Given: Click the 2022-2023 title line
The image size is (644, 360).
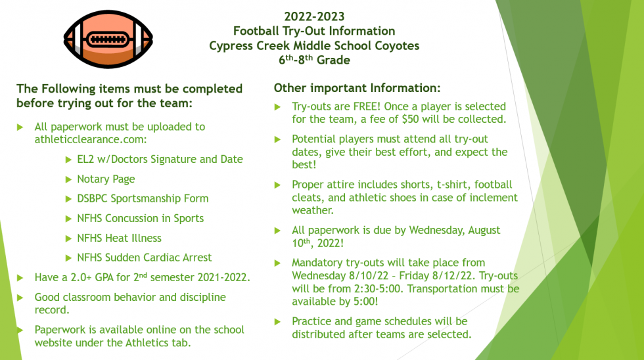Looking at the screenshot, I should (x=314, y=16).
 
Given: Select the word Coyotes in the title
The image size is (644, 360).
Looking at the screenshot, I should (x=395, y=46).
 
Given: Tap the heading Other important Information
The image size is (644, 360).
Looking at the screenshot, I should (x=357, y=88).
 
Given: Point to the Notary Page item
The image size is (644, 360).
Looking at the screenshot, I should (x=106, y=179).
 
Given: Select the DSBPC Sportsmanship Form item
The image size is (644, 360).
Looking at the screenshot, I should (x=143, y=198).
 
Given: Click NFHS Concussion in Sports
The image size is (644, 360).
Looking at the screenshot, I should (x=140, y=218).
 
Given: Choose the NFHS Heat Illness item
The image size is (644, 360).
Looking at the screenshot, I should (x=119, y=238).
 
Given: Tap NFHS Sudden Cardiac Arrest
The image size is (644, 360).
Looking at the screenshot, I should (x=144, y=258).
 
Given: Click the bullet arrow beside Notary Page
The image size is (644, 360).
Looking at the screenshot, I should (x=70, y=179).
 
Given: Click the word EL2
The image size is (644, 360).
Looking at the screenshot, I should (x=86, y=159).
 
